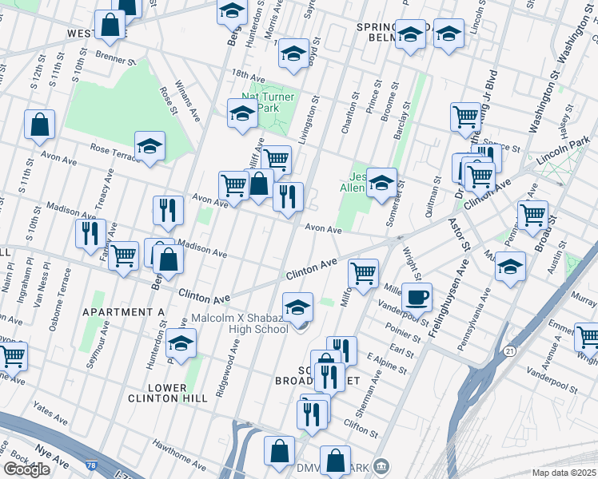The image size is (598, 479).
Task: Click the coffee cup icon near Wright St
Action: coord(417,299)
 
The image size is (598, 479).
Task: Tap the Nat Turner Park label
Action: coord(269,103)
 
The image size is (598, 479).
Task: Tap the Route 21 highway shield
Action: coord(509,350)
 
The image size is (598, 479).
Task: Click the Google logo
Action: coord(26,469)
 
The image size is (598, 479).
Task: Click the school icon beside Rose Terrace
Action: coord(149,147)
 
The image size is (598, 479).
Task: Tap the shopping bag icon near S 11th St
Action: coord(39,125)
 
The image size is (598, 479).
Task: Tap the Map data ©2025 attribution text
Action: coord(564,473)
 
